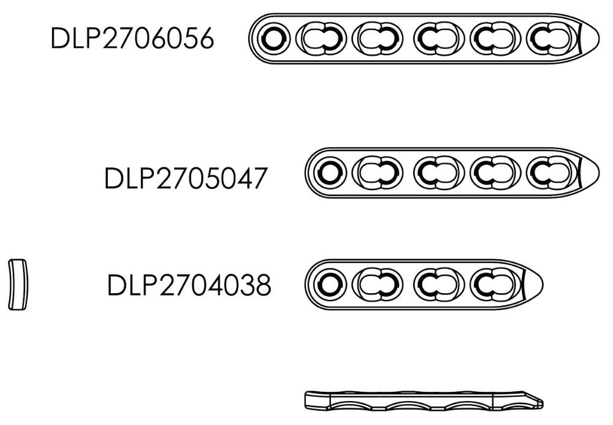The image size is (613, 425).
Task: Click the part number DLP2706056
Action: pos(132,38)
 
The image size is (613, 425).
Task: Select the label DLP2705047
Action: pos(186,178)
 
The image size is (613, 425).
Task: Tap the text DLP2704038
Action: pos(189,285)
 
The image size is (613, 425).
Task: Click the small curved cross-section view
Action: pos(18,285)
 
